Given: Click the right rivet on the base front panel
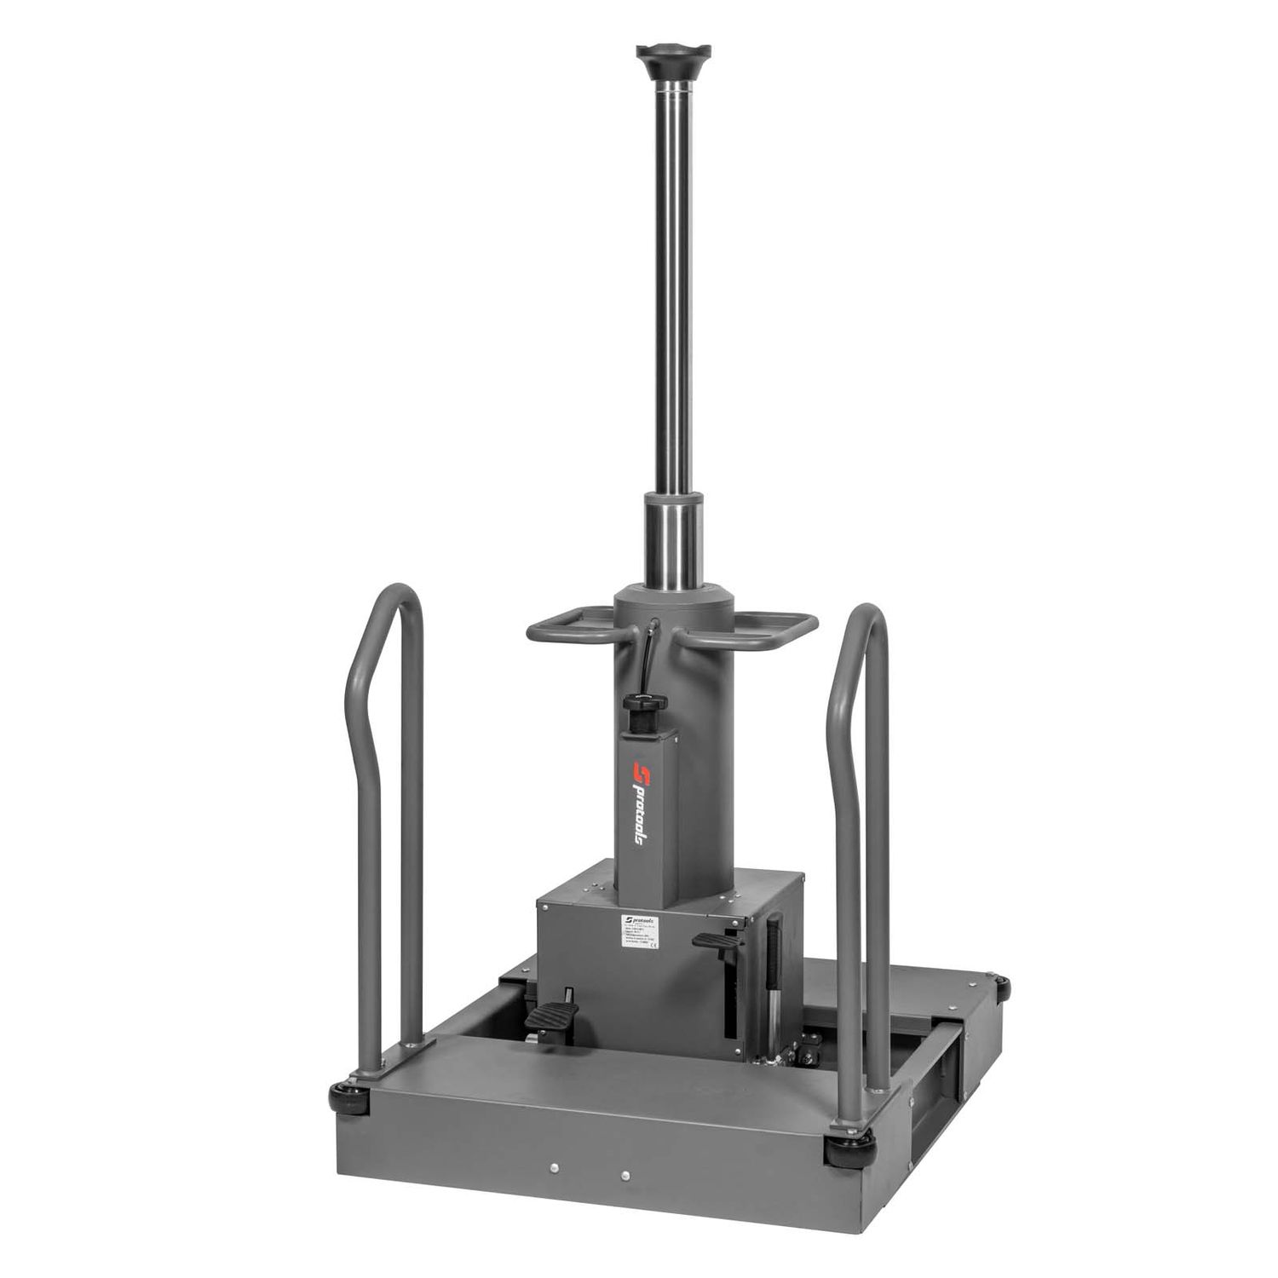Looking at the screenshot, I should pyautogui.click(x=625, y=1174).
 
